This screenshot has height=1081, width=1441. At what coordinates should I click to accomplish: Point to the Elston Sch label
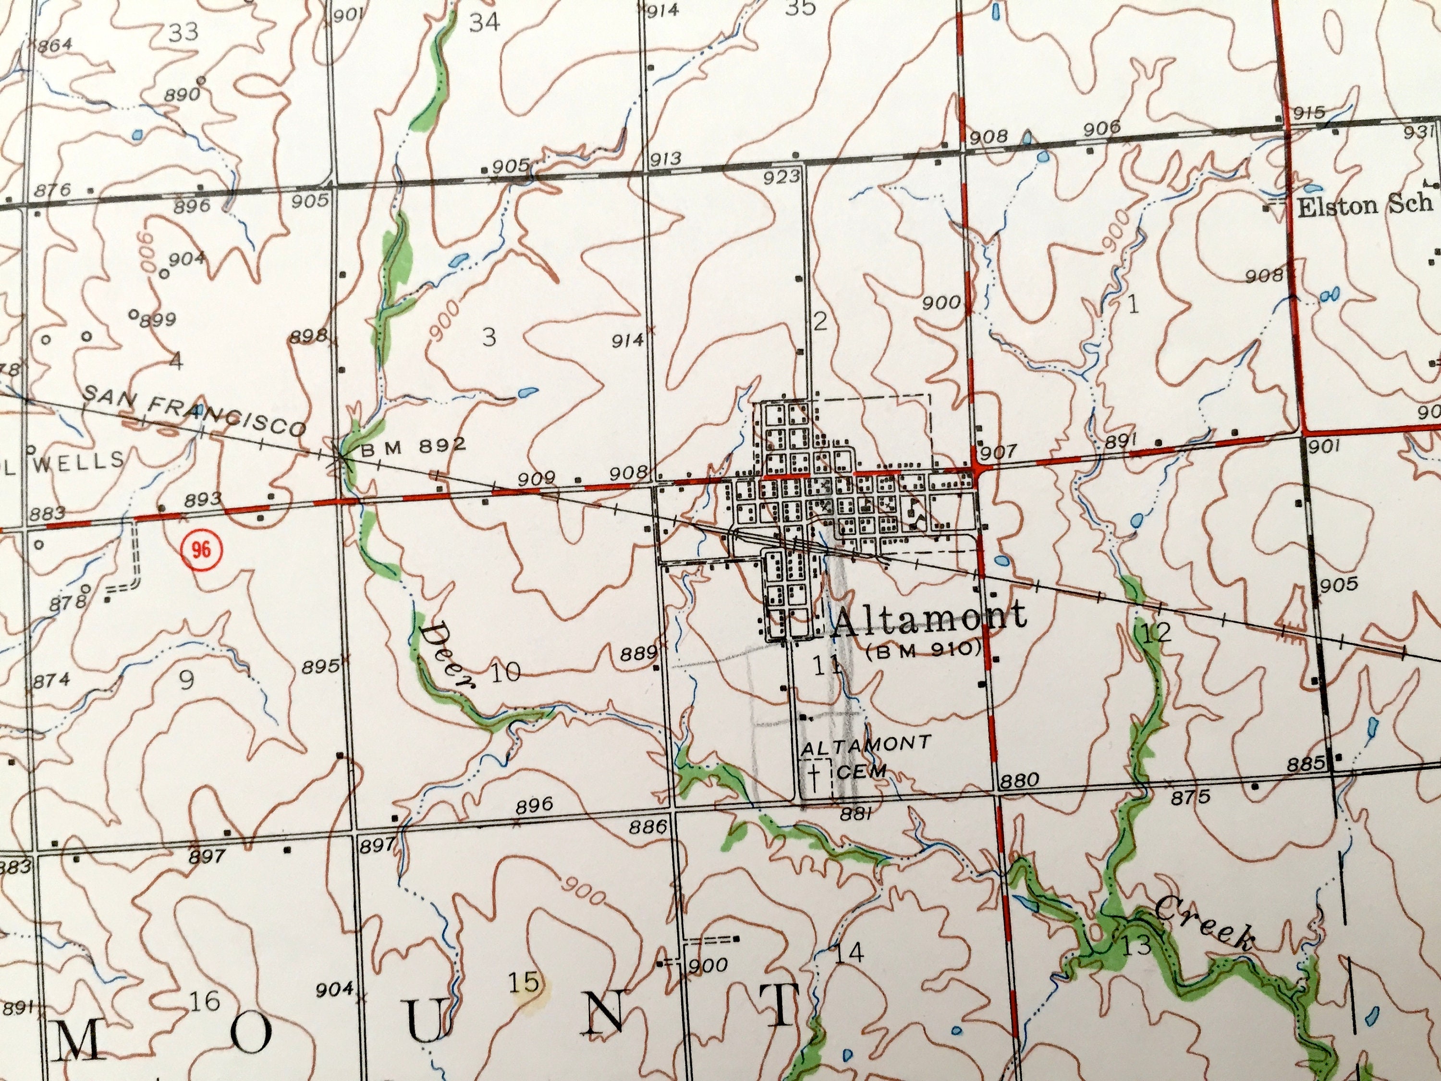1365,207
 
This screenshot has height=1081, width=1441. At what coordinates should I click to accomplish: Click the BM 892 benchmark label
414,446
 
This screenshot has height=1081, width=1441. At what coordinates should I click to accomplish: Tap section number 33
183,31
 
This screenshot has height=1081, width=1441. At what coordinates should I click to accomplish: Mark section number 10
506,671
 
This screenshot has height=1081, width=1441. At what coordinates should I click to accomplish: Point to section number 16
205,1000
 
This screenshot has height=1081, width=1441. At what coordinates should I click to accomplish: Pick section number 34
485,22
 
